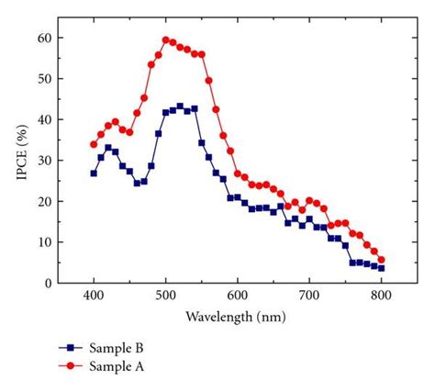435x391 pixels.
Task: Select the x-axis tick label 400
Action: [94, 297]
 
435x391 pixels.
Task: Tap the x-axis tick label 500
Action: [165, 297]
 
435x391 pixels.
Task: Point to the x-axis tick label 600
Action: [238, 297]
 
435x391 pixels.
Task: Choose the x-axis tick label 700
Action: [309, 297]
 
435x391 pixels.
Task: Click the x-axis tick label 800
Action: [381, 297]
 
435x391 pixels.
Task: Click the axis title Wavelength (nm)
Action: [237, 317]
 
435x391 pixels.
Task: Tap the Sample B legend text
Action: [116, 349]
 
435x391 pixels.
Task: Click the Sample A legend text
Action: [116, 366]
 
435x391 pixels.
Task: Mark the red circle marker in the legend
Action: [67, 366]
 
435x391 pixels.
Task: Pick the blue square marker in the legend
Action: [67, 349]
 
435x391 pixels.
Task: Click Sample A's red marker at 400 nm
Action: [94, 144]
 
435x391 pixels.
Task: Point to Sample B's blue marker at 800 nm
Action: [381, 268]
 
